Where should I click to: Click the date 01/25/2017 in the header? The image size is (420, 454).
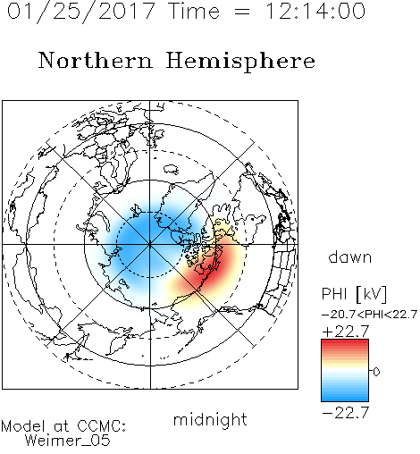coord(81,12)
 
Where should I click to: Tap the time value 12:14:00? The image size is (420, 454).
coord(315,11)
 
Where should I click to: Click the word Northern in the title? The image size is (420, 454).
coord(96,60)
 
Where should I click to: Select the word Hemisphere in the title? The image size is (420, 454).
coord(240,62)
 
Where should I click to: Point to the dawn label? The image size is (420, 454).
coord(350,256)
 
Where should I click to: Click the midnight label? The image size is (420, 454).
coord(210,420)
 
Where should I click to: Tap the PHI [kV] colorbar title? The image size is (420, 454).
coord(354,294)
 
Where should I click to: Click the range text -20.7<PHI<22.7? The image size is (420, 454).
coord(369,315)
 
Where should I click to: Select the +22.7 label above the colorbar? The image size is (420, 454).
coord(346,332)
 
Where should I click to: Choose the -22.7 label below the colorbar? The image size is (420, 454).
coord(346,413)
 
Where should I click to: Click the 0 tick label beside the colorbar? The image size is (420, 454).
coord(376,372)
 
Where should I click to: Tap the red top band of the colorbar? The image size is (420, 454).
coord(345,344)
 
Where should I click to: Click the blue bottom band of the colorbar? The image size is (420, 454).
coord(345,397)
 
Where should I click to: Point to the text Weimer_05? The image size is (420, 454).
coord(68,441)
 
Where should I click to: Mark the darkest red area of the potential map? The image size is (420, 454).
coord(215,266)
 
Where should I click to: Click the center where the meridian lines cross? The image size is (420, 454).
coord(150,245)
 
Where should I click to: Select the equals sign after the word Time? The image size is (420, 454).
coord(242,12)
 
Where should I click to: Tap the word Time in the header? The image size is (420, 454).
coord(194,11)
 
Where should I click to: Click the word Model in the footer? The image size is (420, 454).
coord(23,426)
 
